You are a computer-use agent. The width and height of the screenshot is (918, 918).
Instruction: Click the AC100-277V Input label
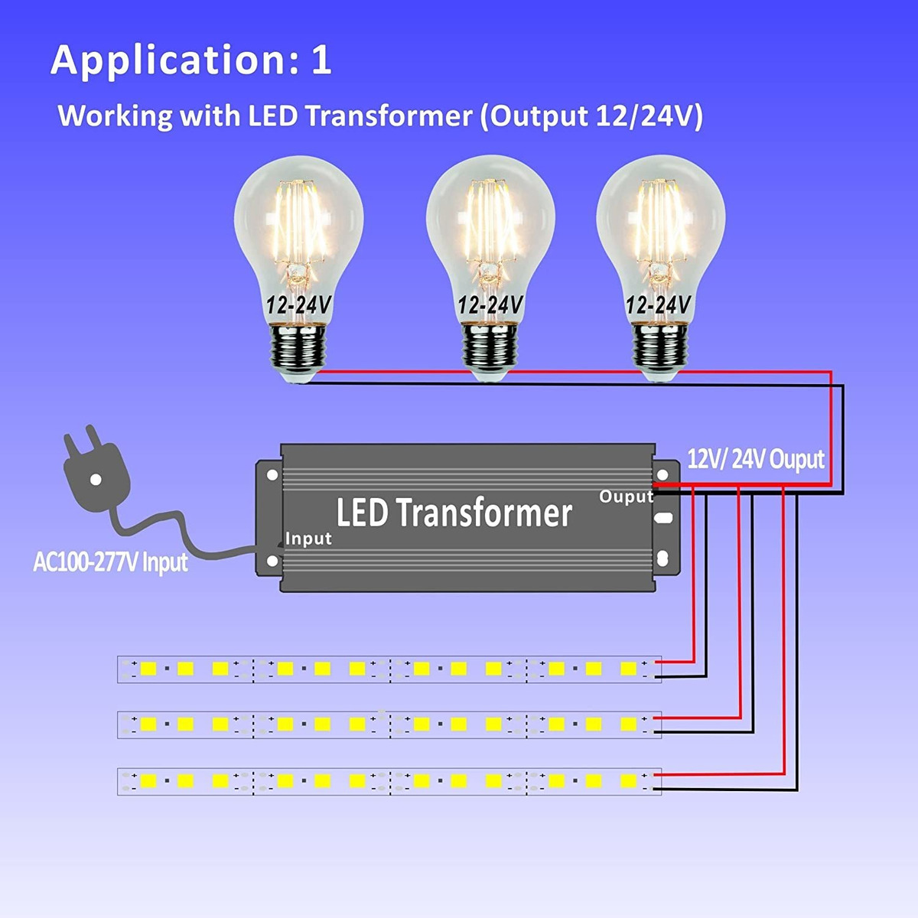click(110, 563)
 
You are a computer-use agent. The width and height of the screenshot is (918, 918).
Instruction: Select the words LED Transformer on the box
click(454, 513)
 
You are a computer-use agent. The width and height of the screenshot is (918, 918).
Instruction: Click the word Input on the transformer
click(308, 539)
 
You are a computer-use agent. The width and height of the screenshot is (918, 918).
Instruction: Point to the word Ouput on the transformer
click(626, 496)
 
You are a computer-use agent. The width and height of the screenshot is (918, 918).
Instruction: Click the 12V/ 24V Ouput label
click(756, 460)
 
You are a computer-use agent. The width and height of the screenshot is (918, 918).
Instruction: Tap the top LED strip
click(389, 669)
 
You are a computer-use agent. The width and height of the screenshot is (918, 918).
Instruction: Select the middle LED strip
click(389, 724)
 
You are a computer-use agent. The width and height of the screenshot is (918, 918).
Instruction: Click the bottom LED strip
click(389, 781)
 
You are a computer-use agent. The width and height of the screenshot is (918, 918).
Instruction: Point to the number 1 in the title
click(321, 60)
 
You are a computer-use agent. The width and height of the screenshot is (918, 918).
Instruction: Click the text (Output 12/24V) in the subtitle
click(591, 116)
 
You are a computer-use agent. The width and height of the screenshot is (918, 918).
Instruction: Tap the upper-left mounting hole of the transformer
click(272, 474)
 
